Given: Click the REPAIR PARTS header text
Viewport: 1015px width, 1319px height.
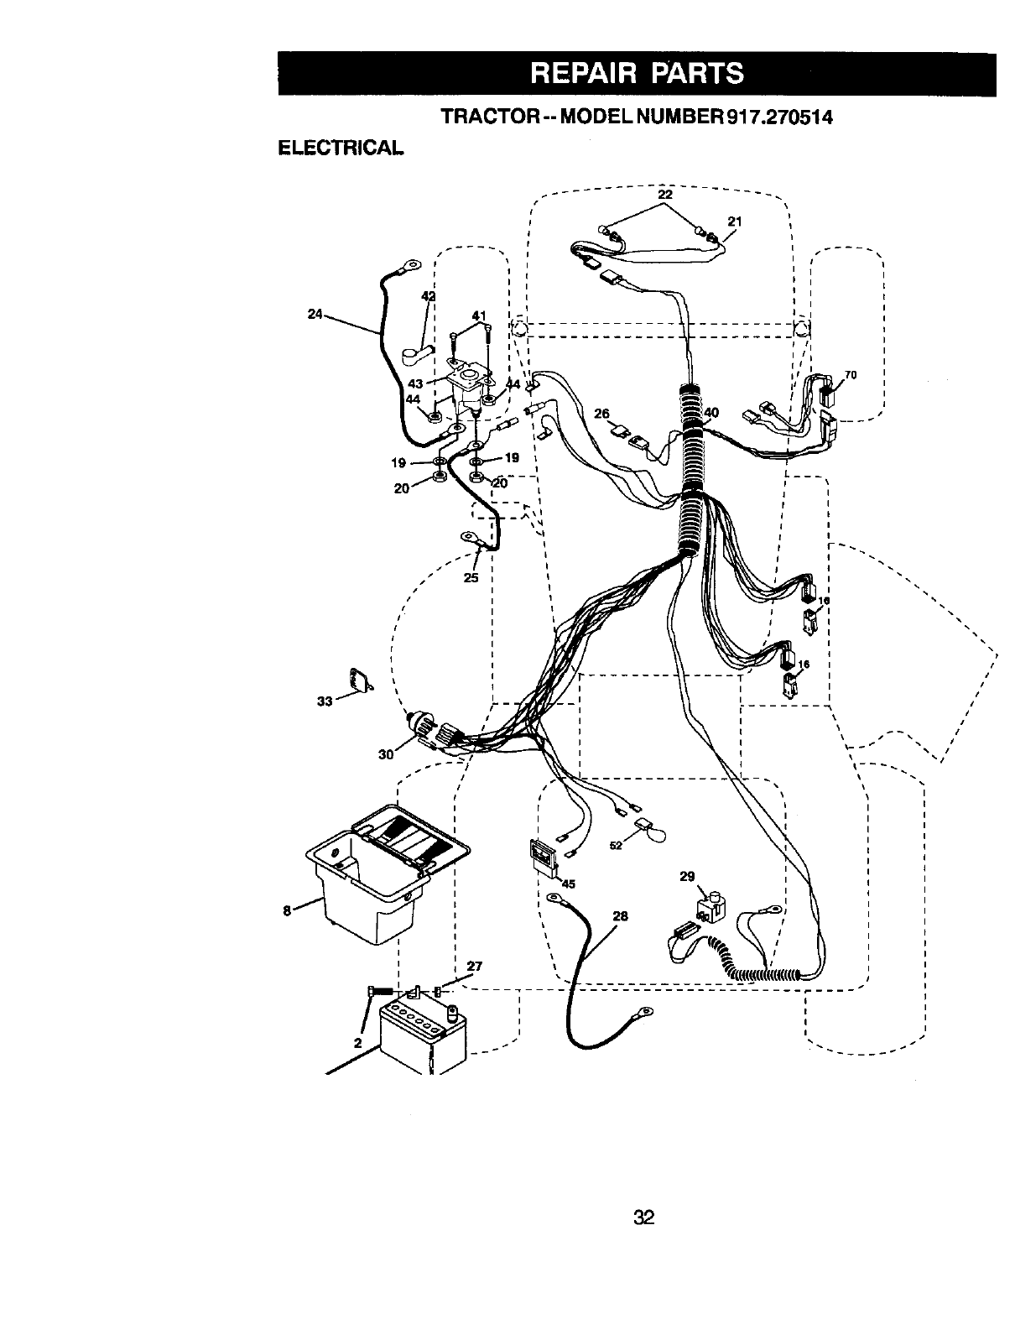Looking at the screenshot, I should coord(636,73).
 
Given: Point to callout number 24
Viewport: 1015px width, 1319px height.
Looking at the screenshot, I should coord(315,315).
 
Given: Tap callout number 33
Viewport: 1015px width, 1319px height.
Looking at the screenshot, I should coord(324,701).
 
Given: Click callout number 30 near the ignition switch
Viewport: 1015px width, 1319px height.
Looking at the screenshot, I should coord(386,753).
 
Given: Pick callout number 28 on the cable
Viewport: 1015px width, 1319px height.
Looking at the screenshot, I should coord(621,916).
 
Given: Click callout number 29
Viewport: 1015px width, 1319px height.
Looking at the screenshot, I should coord(687,877).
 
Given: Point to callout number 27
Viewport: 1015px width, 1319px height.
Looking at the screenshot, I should coord(475,966).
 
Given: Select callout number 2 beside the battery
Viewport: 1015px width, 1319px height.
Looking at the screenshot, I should coord(357,1044).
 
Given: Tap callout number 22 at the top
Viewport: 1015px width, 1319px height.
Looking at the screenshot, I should coord(665,195).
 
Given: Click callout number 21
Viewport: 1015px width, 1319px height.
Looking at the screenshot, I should coord(735,222).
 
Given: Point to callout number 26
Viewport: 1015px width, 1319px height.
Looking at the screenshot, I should coord(601,413).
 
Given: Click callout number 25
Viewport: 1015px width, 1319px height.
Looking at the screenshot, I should coord(471,577).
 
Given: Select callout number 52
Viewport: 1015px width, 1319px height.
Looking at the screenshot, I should coord(616,846).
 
